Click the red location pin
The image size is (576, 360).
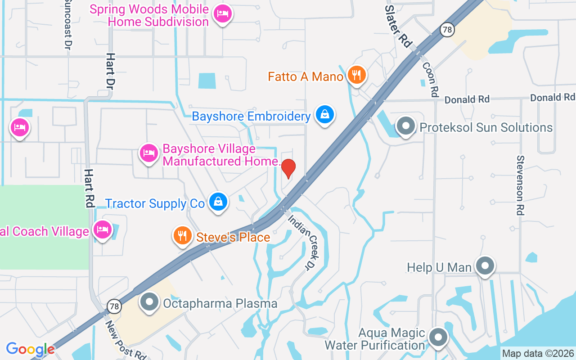pos(288,168)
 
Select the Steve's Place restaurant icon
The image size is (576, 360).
pos(182,236)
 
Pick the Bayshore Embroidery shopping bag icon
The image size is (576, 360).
pos(324,115)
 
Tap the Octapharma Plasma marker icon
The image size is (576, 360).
pos(149,302)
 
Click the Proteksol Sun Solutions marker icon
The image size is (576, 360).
pos(406,126)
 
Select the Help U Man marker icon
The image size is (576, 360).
pos(485,266)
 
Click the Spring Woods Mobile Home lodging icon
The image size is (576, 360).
pos(222,14)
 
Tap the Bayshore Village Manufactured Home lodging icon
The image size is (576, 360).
pos(148,153)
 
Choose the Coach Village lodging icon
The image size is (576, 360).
pos(103,229)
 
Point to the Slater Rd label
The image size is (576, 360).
pos(398,26)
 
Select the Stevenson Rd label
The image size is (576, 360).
pos(521,185)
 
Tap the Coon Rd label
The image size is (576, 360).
pos(430,79)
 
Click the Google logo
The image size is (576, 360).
pos(30,349)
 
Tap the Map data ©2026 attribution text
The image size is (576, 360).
pos(538,353)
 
